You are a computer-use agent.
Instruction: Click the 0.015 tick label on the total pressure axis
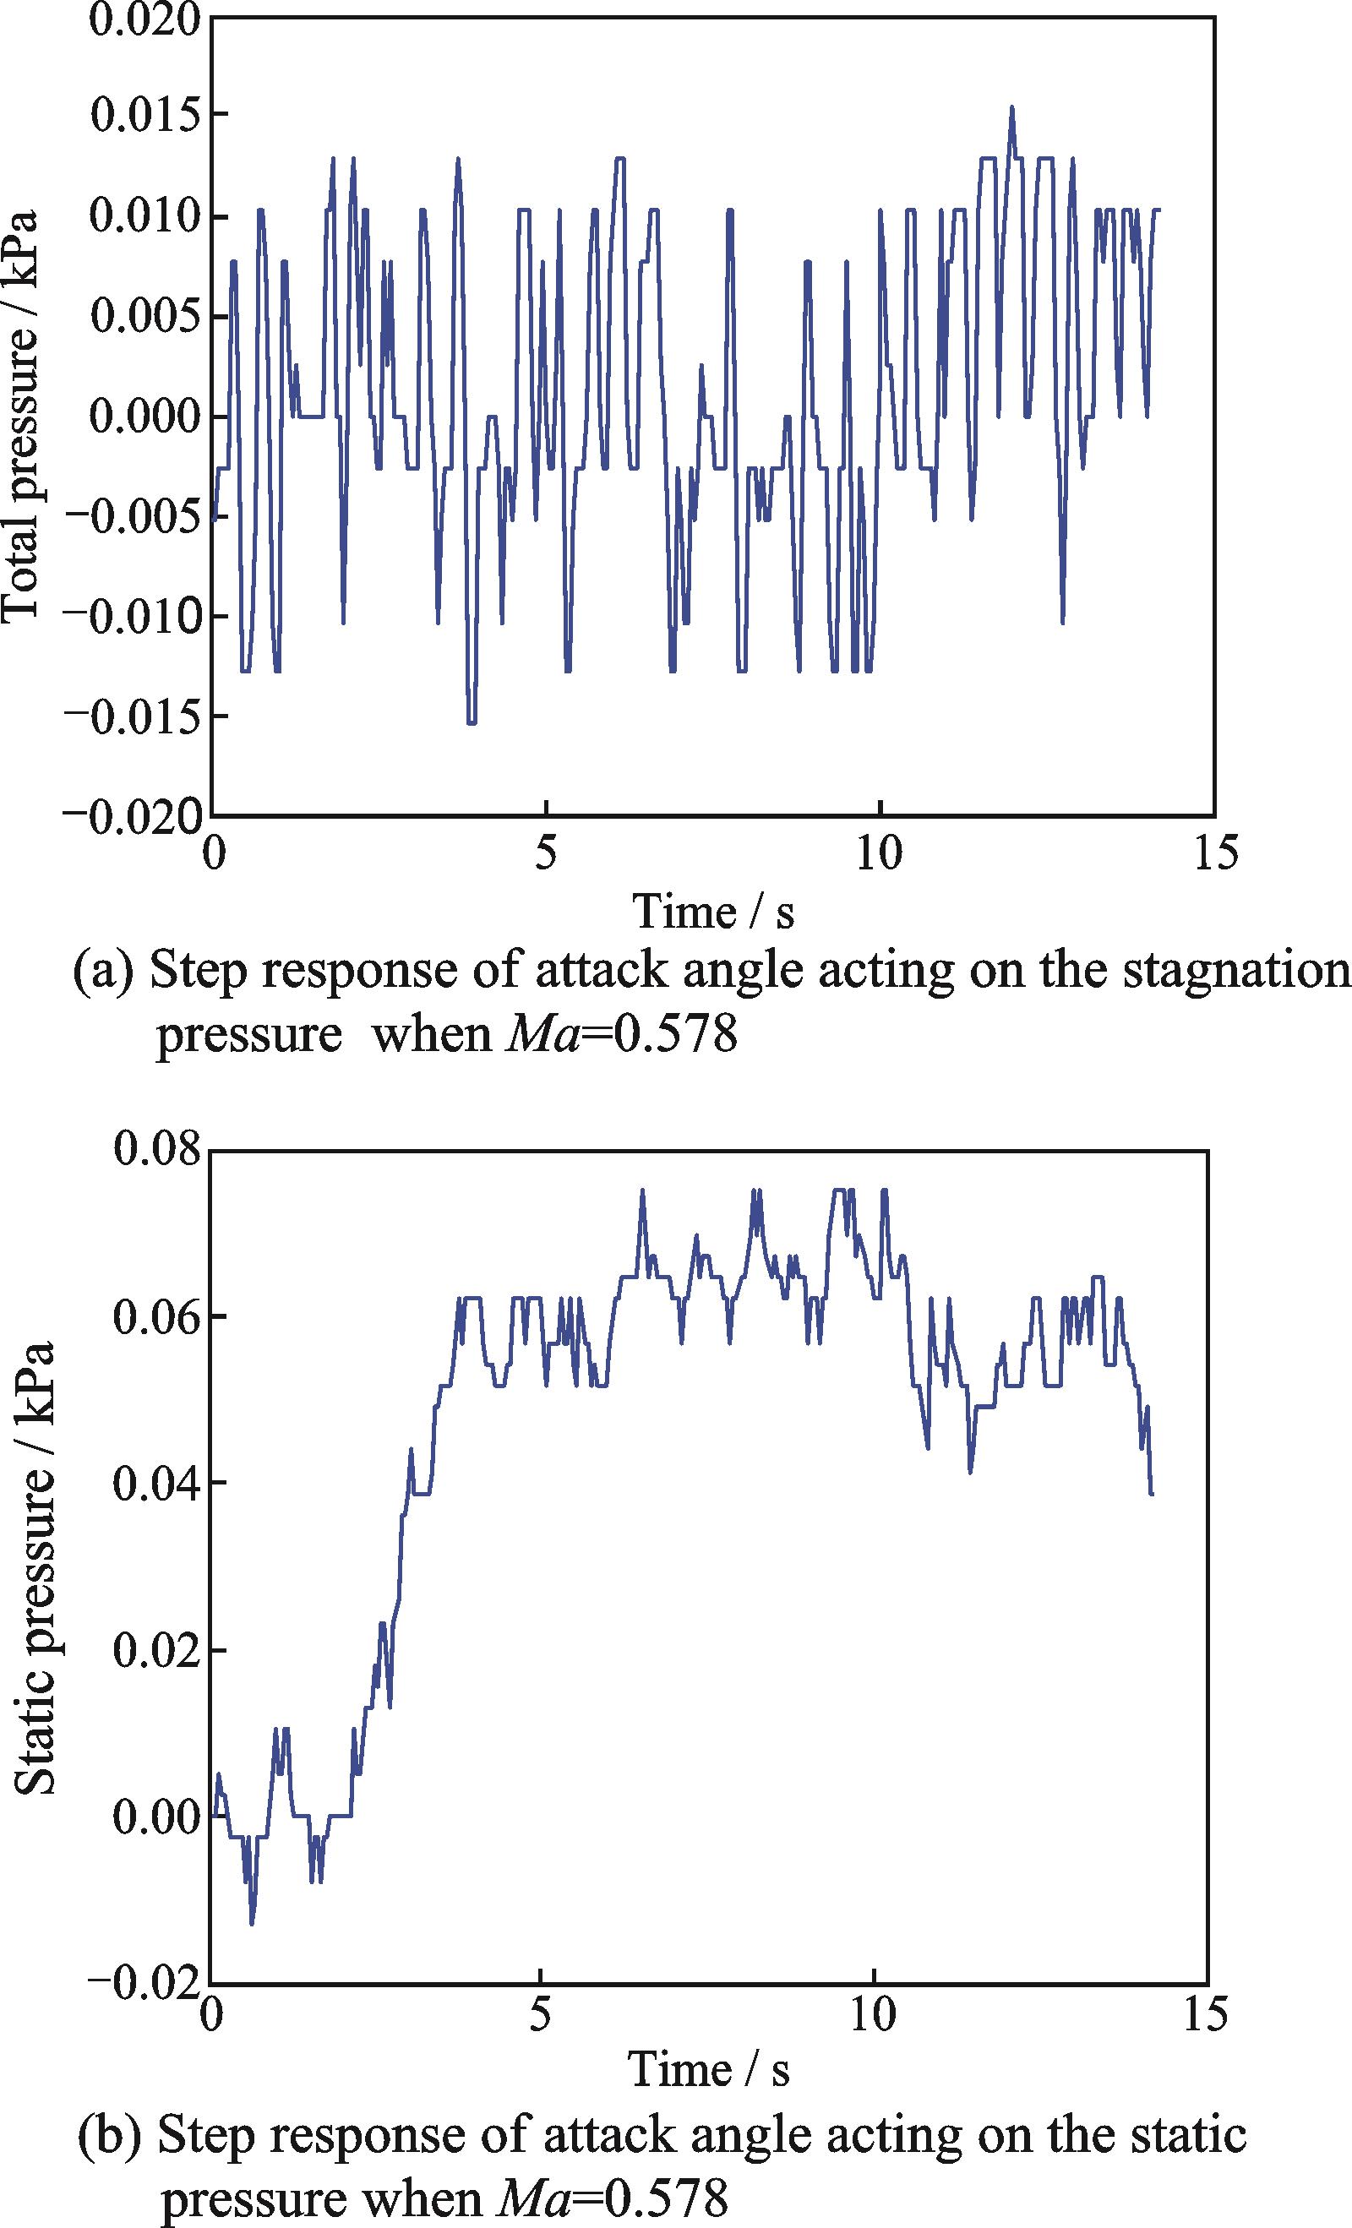pos(144,117)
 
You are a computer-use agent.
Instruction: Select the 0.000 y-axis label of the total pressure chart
pos(144,417)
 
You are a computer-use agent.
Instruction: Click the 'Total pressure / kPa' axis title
pos(20,417)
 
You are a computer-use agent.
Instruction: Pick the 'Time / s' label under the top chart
pos(712,912)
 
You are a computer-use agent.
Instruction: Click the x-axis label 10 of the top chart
pos(879,853)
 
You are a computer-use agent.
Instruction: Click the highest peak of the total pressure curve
pos(1012,107)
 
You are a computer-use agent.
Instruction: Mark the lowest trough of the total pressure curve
pos(472,722)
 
